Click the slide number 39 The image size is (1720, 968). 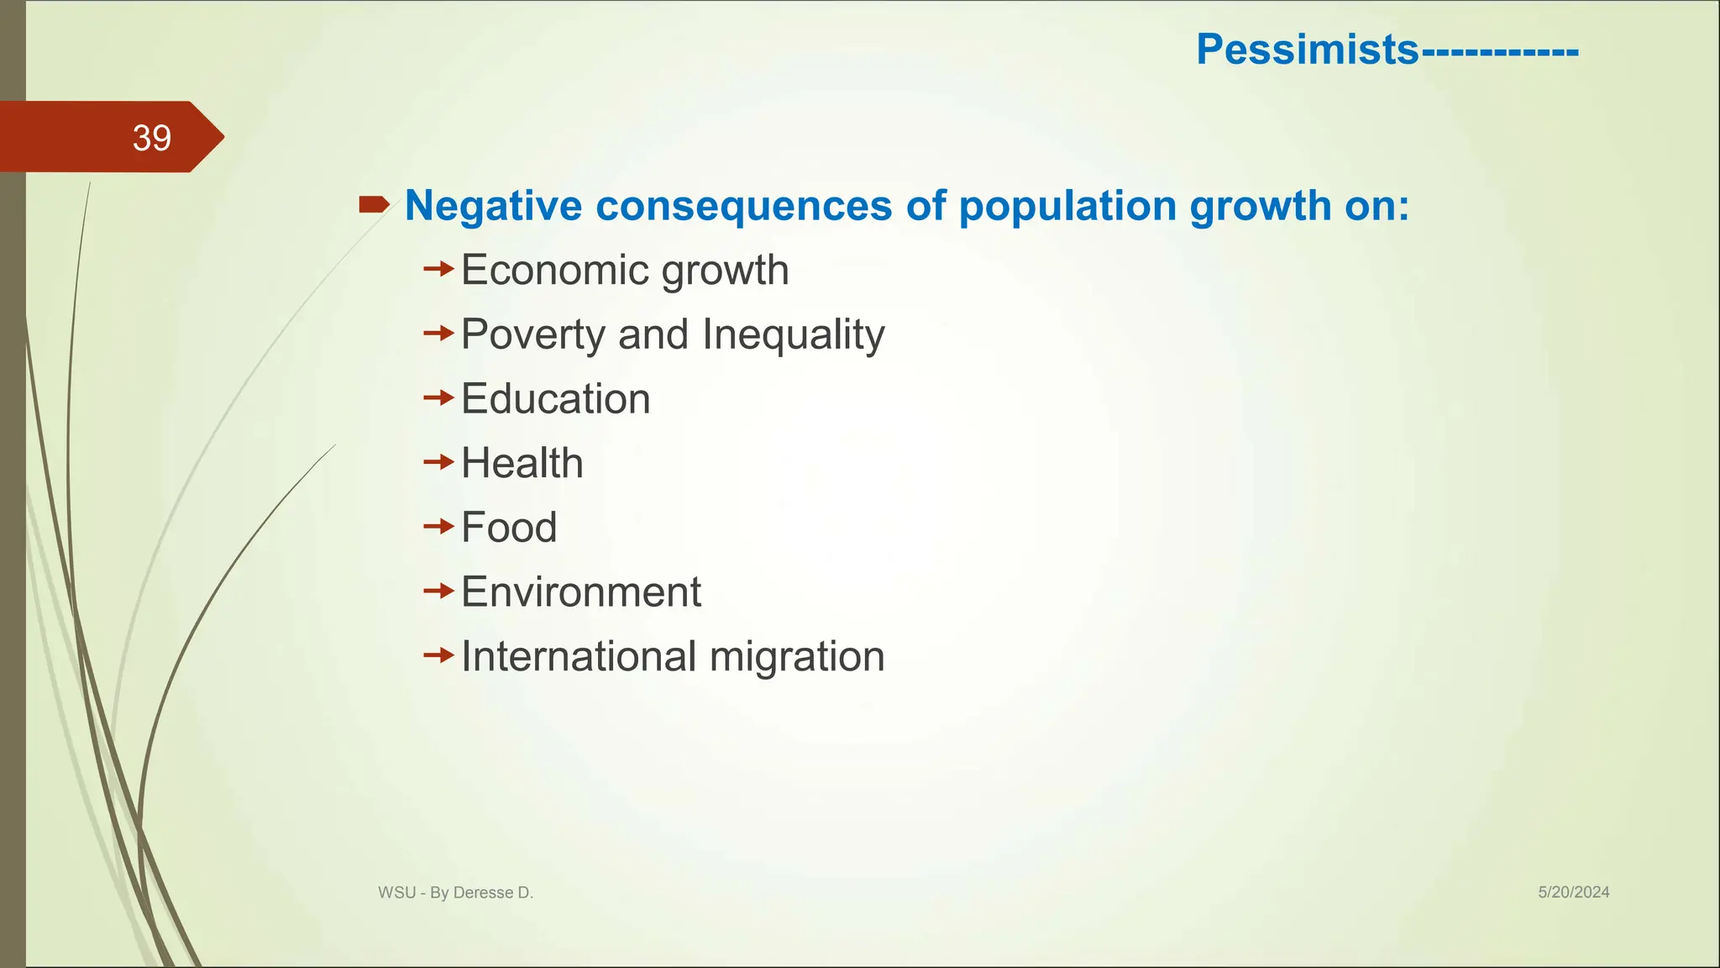[x=152, y=138]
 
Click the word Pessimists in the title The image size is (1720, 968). [x=1307, y=50]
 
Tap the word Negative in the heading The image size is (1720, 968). [x=493, y=206]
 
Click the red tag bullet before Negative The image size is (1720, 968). [x=374, y=204]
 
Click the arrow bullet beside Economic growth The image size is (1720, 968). [x=438, y=270]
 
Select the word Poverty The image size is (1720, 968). [x=533, y=334]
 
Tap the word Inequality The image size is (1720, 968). [x=793, y=334]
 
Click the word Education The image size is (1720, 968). [x=555, y=399]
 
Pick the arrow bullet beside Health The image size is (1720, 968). [x=438, y=462]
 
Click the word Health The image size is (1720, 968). [x=522, y=464]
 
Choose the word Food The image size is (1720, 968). [x=509, y=528]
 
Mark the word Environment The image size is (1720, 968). [x=580, y=592]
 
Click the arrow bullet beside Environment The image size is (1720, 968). [x=438, y=592]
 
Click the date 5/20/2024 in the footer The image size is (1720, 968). [x=1573, y=892]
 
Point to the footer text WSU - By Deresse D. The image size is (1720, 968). [x=455, y=893]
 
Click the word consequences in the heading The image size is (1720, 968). [x=743, y=206]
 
